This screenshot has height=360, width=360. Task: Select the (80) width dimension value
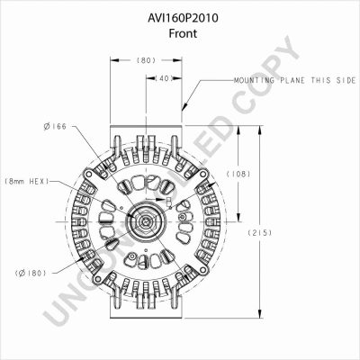point(145,61)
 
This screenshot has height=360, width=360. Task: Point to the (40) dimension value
point(164,78)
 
